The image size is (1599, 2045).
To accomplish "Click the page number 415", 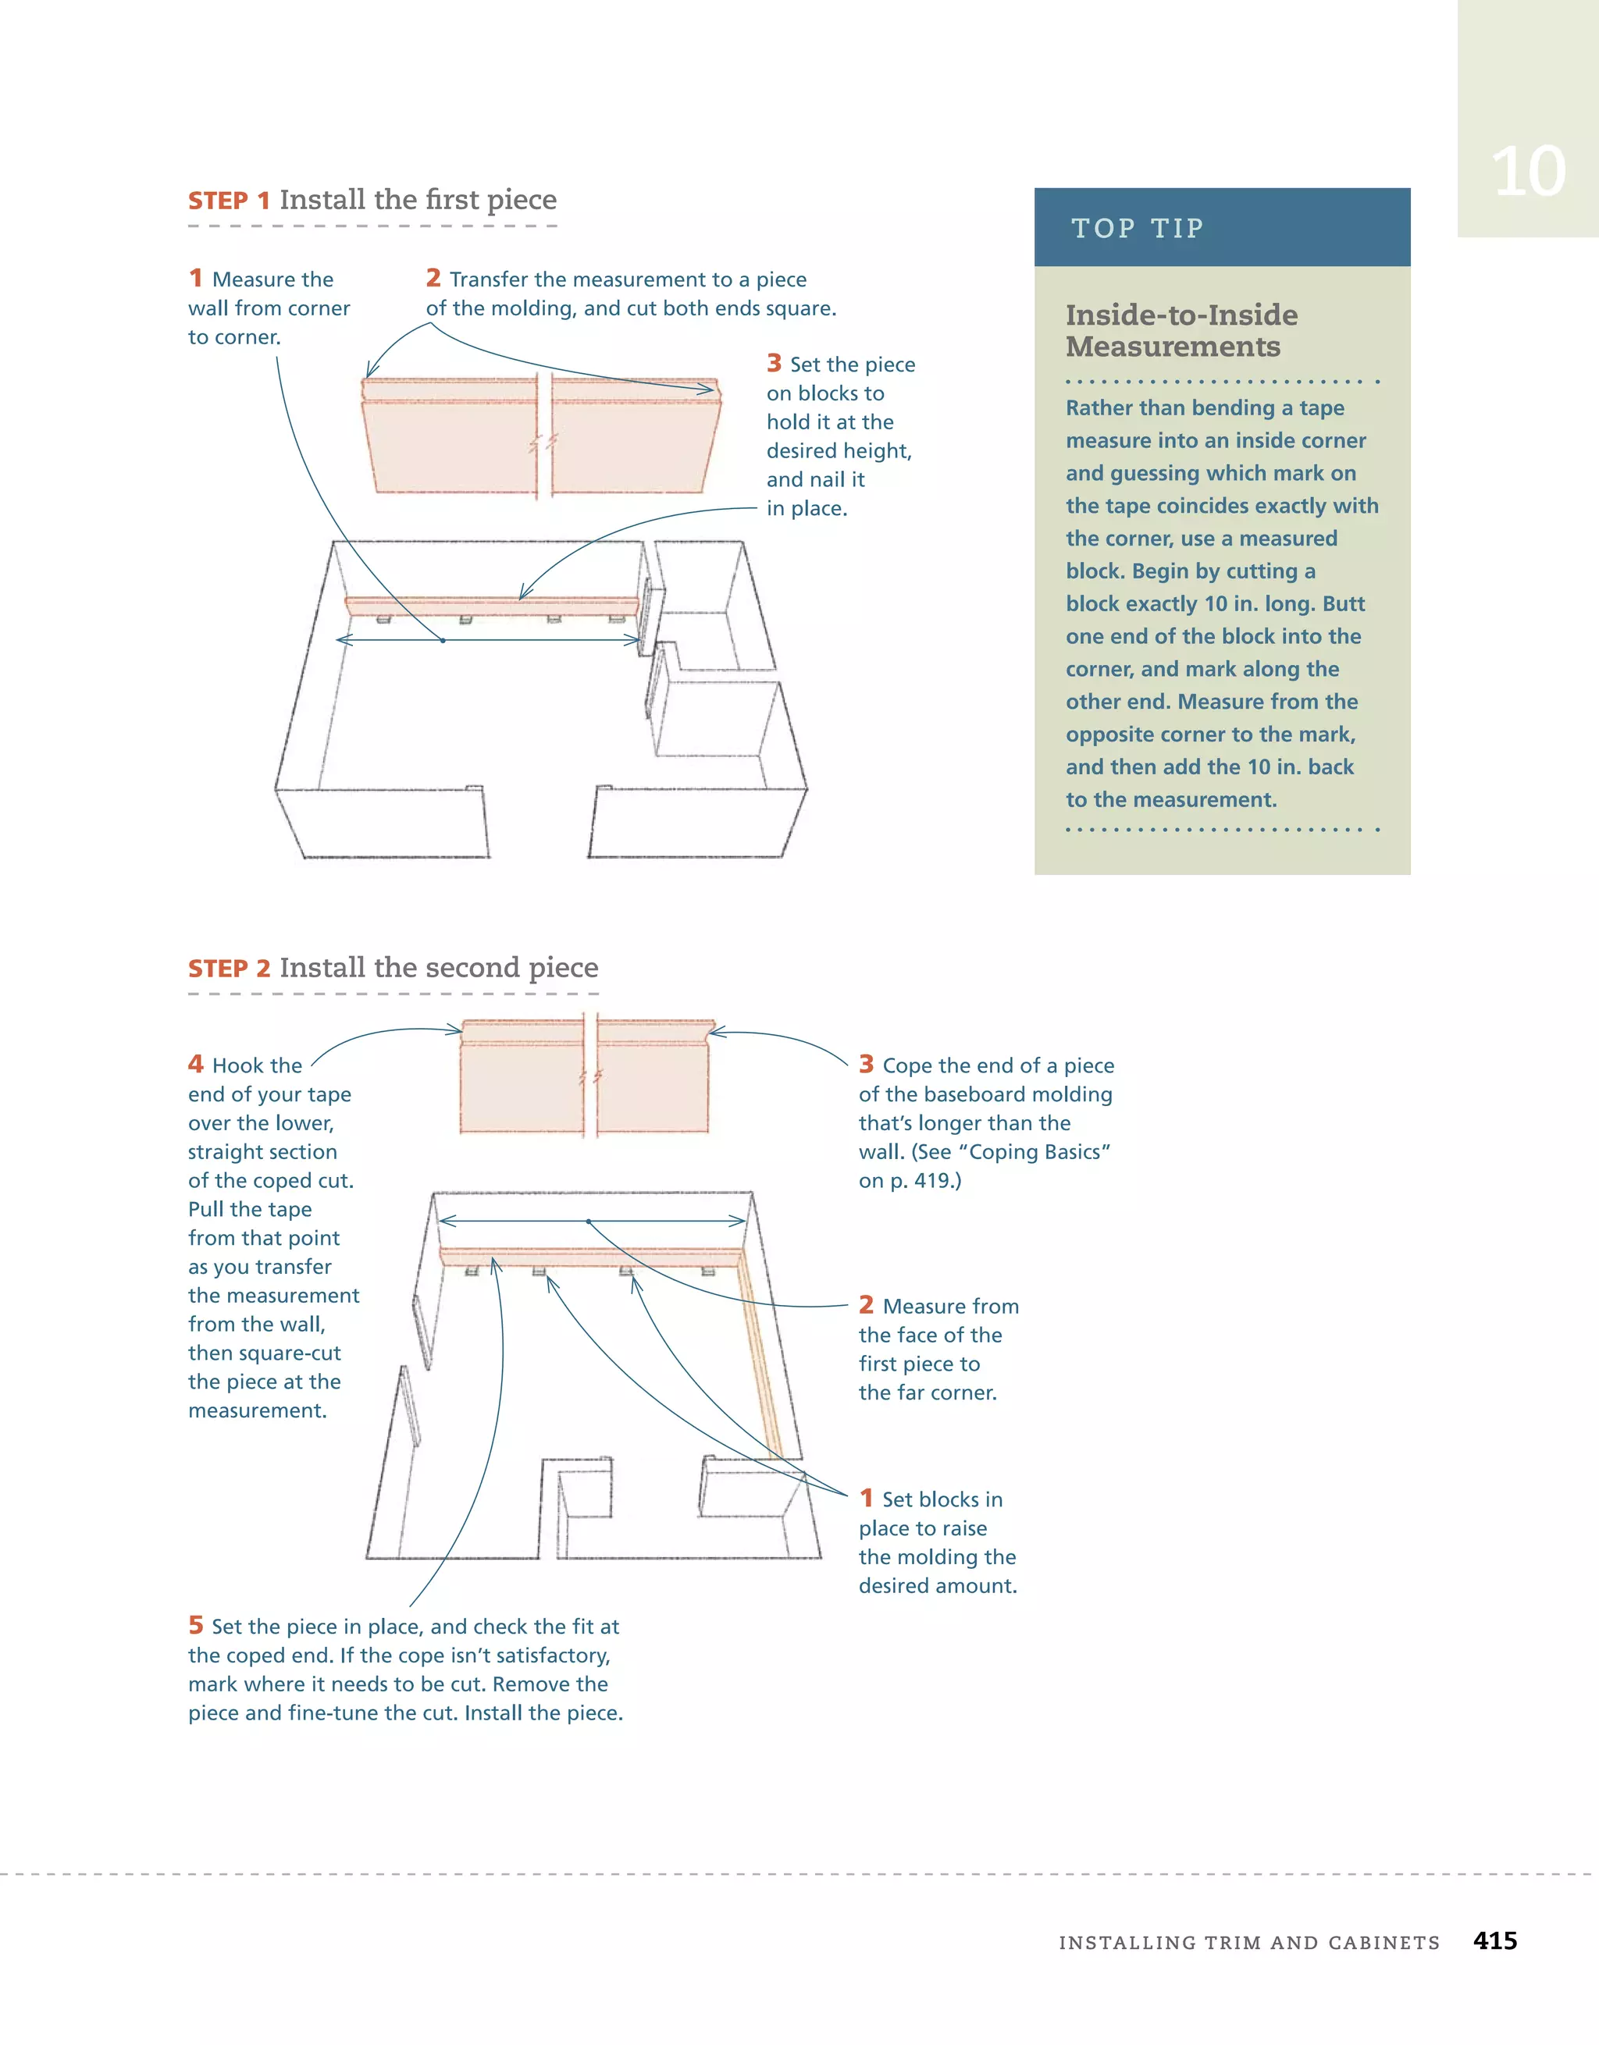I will [1494, 1940].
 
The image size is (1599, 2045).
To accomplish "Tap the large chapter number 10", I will [1528, 172].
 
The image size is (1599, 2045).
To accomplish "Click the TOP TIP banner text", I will [1138, 229].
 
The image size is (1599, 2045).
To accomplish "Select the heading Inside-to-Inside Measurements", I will [1181, 330].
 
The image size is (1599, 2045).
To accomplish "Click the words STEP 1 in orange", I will [229, 201].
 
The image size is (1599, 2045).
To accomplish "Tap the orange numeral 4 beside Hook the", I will [196, 1064].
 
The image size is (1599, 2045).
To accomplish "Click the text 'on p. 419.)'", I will [910, 1181].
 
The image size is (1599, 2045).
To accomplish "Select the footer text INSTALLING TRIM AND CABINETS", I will [1248, 1943].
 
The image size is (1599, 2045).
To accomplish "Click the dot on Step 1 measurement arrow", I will [443, 641].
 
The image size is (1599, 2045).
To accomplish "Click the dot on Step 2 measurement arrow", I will [588, 1221].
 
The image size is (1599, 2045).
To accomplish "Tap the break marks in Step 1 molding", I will [543, 442].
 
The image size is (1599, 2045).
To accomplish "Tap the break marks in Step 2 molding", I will [590, 1078].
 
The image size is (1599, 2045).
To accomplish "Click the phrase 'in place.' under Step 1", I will [807, 508].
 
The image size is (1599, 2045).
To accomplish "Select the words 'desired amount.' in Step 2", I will [938, 1586].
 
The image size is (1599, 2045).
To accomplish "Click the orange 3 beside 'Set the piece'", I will [774, 363].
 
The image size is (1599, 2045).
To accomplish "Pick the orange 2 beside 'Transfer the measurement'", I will [433, 278].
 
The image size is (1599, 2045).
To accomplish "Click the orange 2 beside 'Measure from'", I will [866, 1304].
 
